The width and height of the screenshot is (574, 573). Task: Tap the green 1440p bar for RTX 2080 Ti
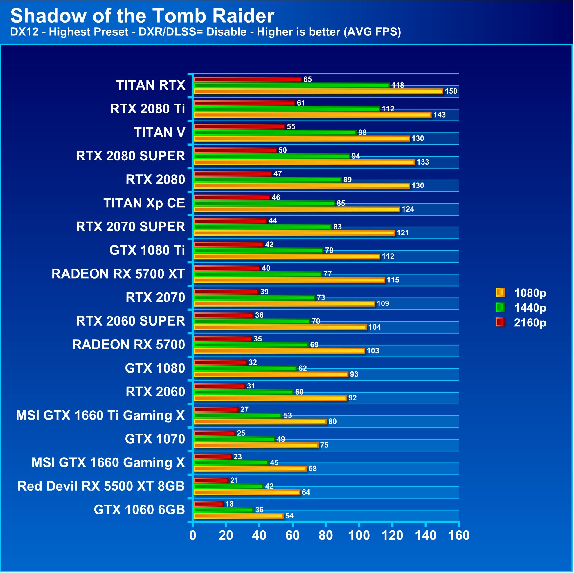tap(287, 109)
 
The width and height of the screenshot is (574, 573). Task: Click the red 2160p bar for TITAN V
tap(240, 127)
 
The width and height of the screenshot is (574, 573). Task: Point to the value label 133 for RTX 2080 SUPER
tap(423, 162)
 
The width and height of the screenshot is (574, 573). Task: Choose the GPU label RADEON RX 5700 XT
tap(118, 274)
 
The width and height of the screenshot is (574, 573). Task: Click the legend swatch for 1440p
tap(501, 308)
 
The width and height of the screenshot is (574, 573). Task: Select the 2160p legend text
tap(530, 323)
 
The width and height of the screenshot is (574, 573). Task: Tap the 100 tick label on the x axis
tap(359, 536)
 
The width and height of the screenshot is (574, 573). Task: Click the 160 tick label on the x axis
tap(459, 536)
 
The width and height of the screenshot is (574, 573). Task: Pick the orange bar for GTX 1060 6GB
tap(239, 516)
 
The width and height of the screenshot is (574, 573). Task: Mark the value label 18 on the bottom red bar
tap(229, 504)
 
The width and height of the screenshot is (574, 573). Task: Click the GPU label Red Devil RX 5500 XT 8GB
tap(101, 486)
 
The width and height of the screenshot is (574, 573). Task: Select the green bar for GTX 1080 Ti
tap(258, 251)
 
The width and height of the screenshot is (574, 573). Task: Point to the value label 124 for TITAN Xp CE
tap(408, 209)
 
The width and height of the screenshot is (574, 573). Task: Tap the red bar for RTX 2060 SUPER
tap(224, 315)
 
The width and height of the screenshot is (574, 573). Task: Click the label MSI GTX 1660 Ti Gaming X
tap(100, 415)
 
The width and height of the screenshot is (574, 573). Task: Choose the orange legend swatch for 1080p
tap(501, 292)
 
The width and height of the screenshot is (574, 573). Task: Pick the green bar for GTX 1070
tap(234, 439)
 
